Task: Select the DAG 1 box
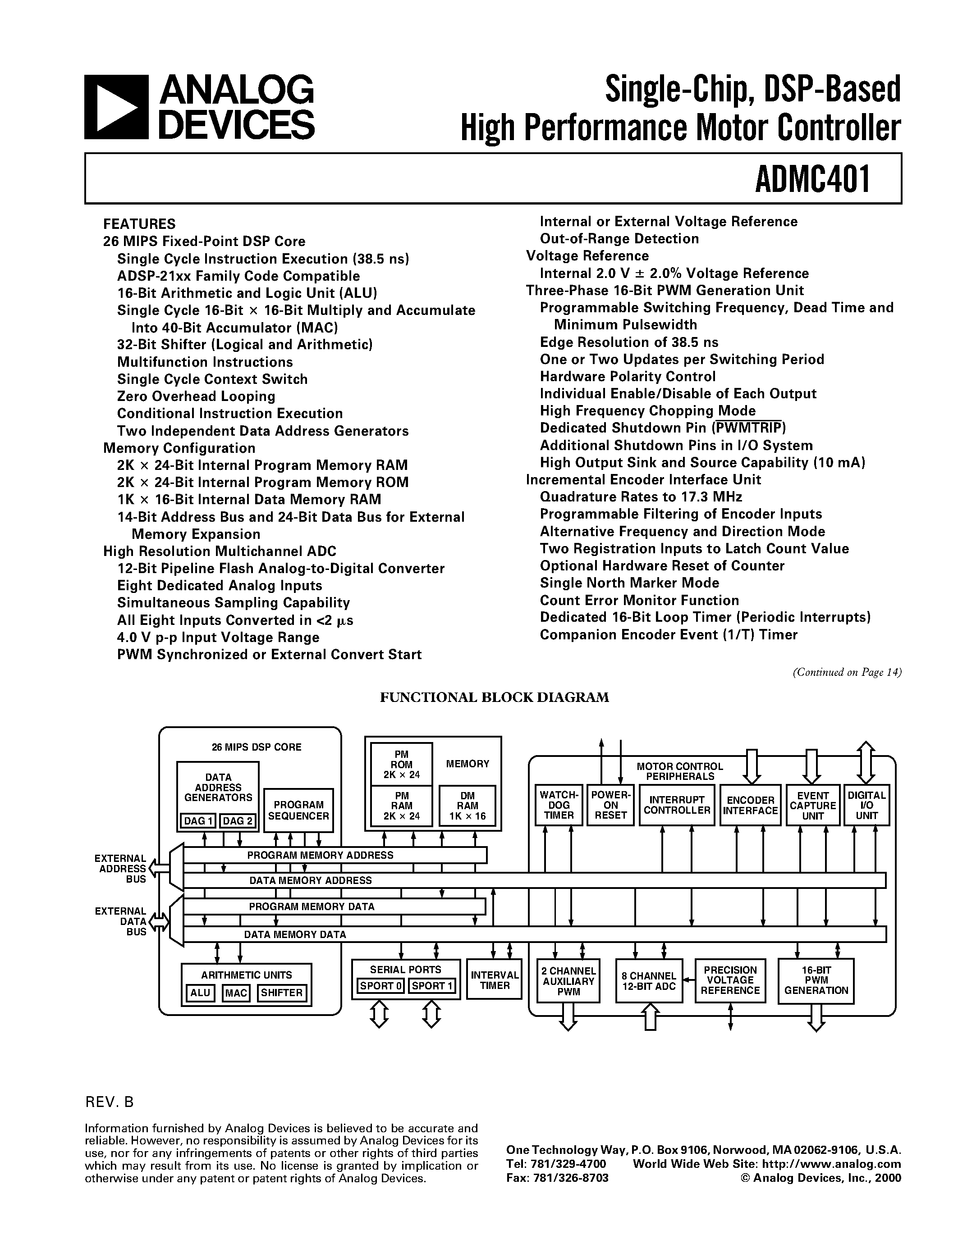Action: click(x=198, y=821)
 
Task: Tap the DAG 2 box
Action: click(x=237, y=821)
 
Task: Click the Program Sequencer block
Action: click(x=298, y=810)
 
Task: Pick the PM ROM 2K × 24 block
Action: click(x=401, y=764)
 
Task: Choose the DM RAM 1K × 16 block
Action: click(x=468, y=806)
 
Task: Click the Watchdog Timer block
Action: click(x=559, y=805)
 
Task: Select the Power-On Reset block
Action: click(x=611, y=805)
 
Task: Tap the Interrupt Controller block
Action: click(x=677, y=805)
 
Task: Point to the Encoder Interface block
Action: click(x=750, y=805)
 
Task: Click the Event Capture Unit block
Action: click(x=813, y=805)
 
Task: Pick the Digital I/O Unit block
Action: click(x=866, y=805)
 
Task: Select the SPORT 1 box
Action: click(x=432, y=986)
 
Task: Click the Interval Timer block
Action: click(x=494, y=980)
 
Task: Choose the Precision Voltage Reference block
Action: click(x=730, y=980)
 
